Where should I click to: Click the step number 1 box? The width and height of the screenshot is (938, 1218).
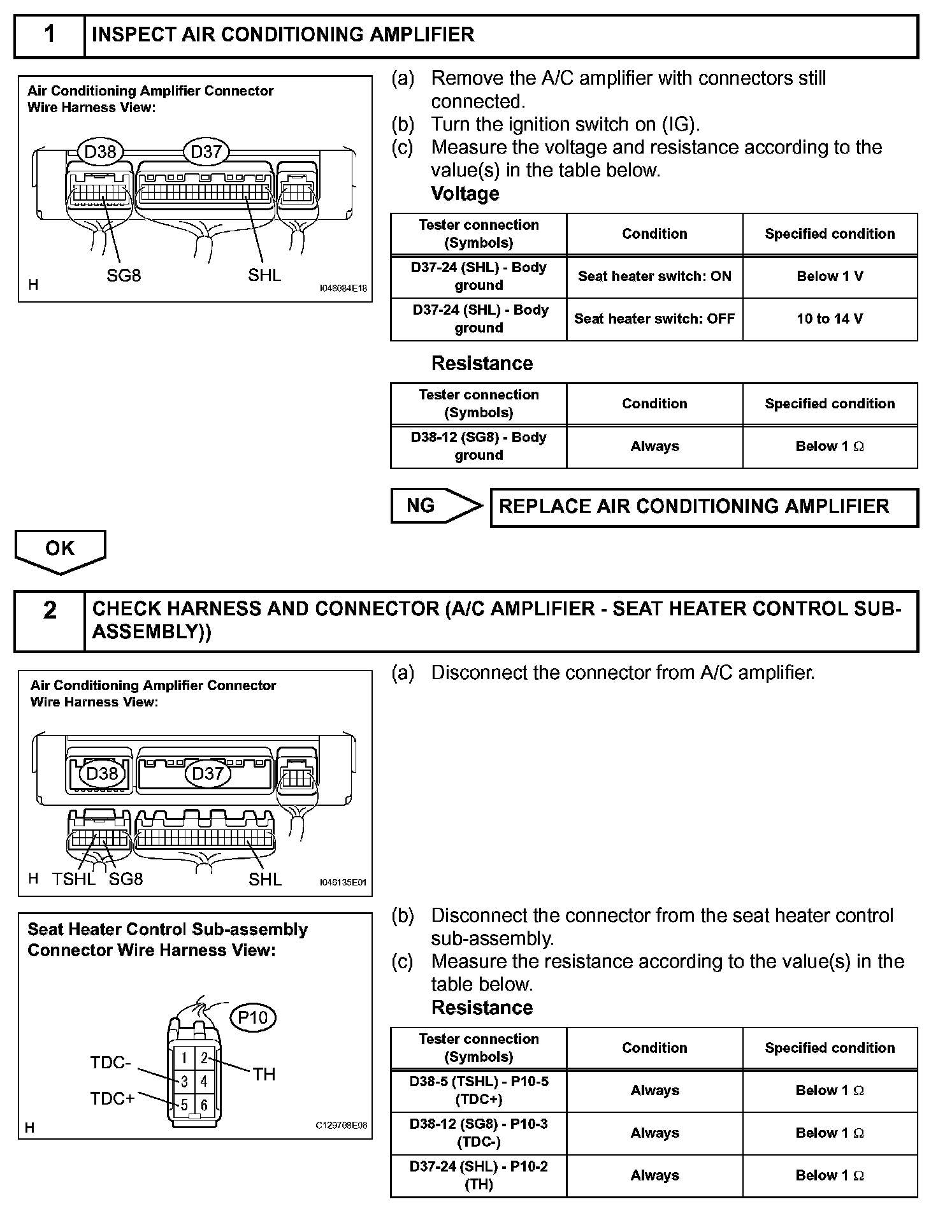coord(50,36)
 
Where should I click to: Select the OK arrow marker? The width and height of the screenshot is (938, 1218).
coord(60,548)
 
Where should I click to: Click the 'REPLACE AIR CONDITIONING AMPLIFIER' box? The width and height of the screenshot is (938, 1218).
coord(703,507)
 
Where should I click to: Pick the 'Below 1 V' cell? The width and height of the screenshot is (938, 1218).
coord(830,276)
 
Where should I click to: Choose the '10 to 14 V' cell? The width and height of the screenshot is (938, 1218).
coord(830,319)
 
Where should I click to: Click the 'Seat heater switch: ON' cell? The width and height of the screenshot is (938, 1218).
coord(654,276)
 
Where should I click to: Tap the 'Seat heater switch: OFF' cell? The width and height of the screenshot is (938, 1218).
coord(654,319)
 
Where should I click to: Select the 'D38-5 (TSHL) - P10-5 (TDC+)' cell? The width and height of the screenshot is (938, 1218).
coord(479,1091)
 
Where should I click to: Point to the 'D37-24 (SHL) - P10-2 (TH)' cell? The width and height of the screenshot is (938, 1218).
coord(479,1175)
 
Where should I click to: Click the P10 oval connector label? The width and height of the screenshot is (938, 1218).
coord(252,1017)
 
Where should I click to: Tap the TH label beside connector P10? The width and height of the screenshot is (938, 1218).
coord(264,1075)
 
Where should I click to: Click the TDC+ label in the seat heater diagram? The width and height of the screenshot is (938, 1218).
coord(112,1099)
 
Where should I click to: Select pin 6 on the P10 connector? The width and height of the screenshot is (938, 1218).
coord(204,1105)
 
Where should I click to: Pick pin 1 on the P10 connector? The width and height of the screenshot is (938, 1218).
coord(184,1058)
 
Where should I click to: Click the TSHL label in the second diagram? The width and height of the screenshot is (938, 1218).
coord(74,880)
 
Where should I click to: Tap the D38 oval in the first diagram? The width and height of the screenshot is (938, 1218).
coord(101,152)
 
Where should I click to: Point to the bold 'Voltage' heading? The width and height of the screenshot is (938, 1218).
coord(465,194)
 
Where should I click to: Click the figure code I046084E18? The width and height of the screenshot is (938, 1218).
coord(343,289)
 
